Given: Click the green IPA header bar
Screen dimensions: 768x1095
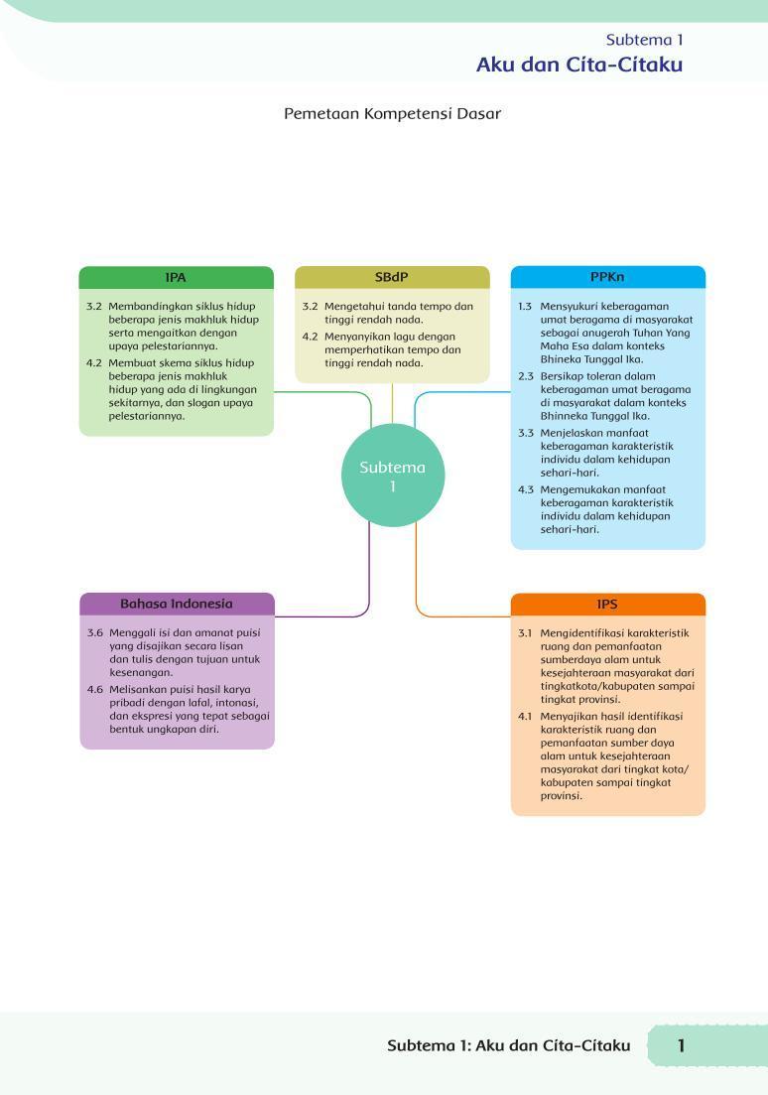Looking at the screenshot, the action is point(176,277).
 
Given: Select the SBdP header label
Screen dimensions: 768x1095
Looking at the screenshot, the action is point(391,277).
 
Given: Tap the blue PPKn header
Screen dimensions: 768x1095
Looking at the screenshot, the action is point(607,277).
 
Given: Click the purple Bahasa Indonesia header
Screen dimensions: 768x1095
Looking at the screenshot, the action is point(177,604).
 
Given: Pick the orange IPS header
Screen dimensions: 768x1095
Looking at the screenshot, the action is point(607,604).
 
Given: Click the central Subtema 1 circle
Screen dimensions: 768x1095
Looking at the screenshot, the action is point(392,475).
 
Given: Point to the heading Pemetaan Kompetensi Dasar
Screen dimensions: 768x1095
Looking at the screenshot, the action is point(392,114).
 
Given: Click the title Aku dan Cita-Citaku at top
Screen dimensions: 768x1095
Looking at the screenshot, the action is point(579,65).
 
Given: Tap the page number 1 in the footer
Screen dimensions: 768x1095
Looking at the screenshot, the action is point(681,1045).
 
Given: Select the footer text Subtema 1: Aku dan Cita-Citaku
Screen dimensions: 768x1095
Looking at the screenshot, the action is point(509,1045).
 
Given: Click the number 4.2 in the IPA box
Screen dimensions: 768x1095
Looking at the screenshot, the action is point(93,363).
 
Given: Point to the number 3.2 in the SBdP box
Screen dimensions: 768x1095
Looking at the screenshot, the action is point(310,307).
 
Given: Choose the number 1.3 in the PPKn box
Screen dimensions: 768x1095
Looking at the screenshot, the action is point(525,307).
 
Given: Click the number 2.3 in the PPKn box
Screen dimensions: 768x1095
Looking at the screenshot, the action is point(526,376).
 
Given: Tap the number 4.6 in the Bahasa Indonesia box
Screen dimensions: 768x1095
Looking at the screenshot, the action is point(95,690).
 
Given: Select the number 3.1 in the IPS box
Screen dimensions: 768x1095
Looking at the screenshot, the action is point(525,633).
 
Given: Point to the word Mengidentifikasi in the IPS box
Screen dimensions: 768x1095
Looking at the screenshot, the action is point(580,633).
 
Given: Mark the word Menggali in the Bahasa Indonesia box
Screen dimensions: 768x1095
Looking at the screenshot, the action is point(133,633).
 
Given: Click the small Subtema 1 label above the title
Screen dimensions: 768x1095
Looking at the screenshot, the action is point(644,40).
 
